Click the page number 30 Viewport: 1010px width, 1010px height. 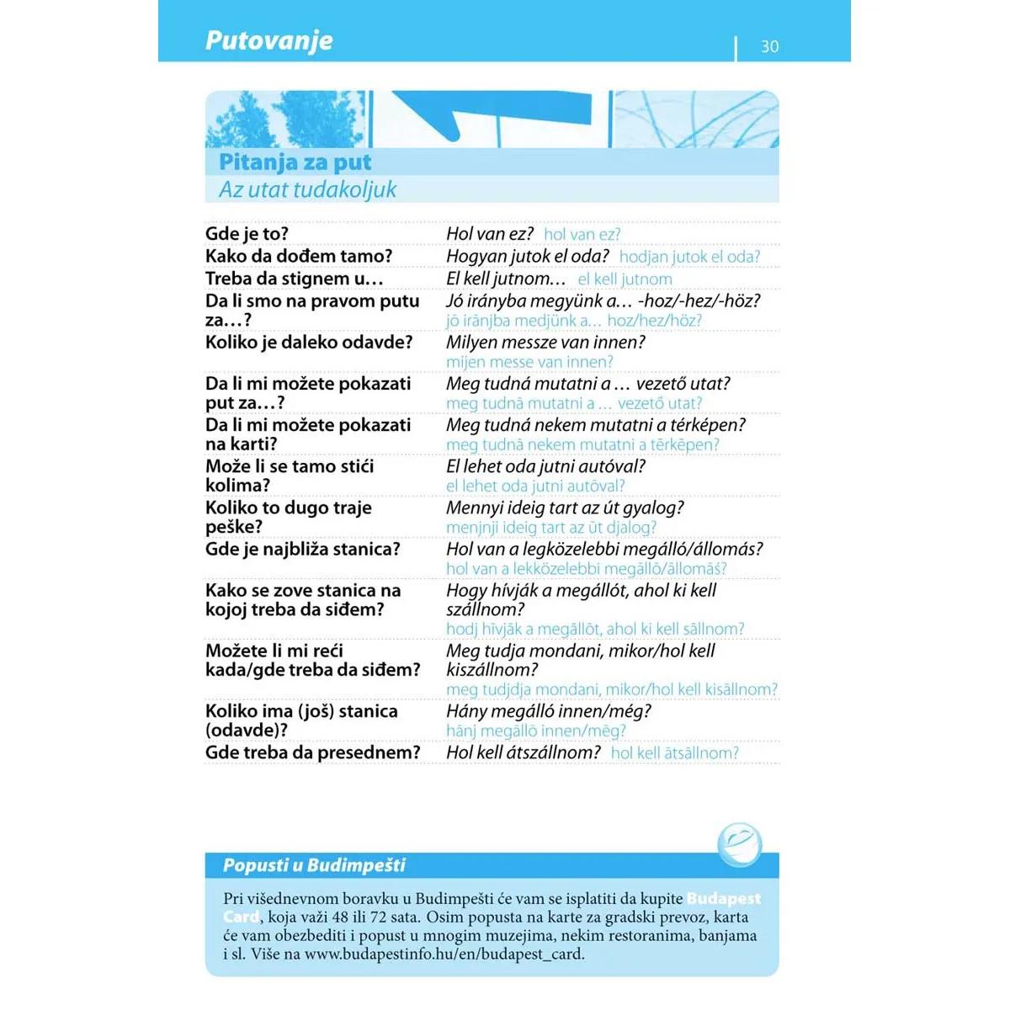[x=769, y=46]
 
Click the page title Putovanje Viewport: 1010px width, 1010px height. [x=268, y=40]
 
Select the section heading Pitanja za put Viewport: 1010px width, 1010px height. [x=295, y=162]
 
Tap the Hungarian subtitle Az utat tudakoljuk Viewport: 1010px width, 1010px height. [x=307, y=189]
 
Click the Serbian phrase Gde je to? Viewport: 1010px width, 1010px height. [x=247, y=234]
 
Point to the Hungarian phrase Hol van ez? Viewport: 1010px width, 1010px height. [x=489, y=234]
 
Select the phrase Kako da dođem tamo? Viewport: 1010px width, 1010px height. [x=299, y=256]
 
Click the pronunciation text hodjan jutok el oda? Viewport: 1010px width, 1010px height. [x=689, y=257]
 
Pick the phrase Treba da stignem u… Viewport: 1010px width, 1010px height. [x=294, y=279]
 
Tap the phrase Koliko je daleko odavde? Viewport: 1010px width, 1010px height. [x=309, y=343]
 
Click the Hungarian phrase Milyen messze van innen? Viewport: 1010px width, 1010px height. [x=545, y=343]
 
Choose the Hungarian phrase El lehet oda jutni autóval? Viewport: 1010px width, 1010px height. [x=545, y=466]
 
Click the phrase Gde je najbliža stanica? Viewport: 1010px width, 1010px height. [x=302, y=550]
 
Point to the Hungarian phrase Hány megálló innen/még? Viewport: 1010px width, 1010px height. [x=548, y=711]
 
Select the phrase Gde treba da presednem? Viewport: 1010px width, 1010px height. [x=312, y=752]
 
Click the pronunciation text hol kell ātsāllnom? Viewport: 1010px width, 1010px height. [x=674, y=753]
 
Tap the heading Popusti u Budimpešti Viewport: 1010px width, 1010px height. [x=314, y=865]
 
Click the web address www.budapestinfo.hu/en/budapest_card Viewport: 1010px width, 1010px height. [x=444, y=954]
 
